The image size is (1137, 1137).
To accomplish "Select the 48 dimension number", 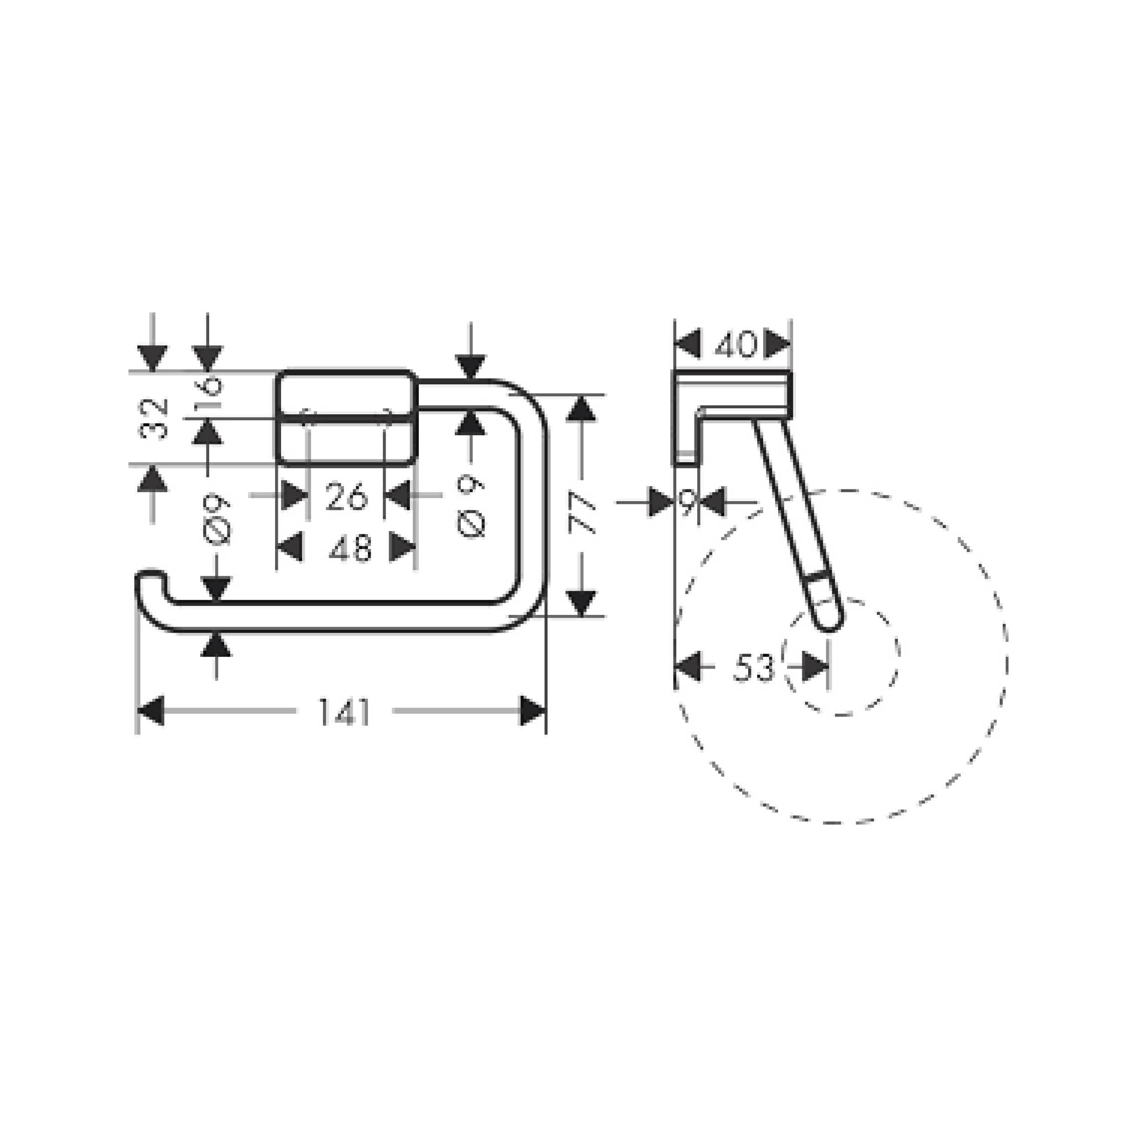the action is (350, 548).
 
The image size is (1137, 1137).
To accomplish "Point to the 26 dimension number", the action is (347, 496).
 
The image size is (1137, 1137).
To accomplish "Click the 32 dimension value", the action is (154, 418).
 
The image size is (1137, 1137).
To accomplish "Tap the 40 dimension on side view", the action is (735, 345).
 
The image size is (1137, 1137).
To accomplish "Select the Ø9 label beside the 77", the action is (471, 506).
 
